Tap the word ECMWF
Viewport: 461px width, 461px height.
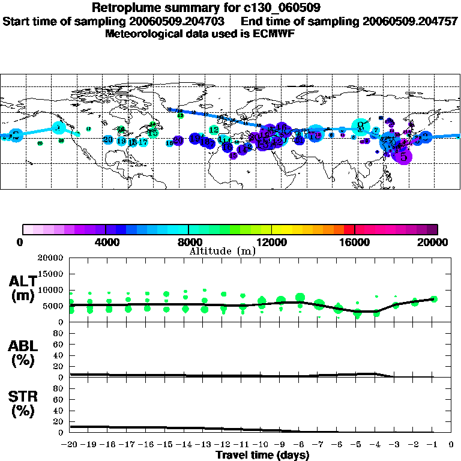pyautogui.click(x=275, y=34)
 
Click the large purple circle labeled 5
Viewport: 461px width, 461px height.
pyautogui.click(x=404, y=156)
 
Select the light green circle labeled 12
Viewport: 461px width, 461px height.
pyautogui.click(x=214, y=130)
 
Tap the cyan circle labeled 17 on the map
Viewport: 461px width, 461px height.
pyautogui.click(x=143, y=142)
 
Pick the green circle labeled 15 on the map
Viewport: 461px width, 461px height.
pyautogui.click(x=153, y=133)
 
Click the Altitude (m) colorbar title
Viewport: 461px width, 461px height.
pyautogui.click(x=222, y=251)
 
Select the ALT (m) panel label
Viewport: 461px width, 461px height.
pyautogui.click(x=23, y=288)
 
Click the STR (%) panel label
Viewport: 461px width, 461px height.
pyautogui.click(x=23, y=403)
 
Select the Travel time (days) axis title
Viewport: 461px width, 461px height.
pyautogui.click(x=262, y=455)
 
